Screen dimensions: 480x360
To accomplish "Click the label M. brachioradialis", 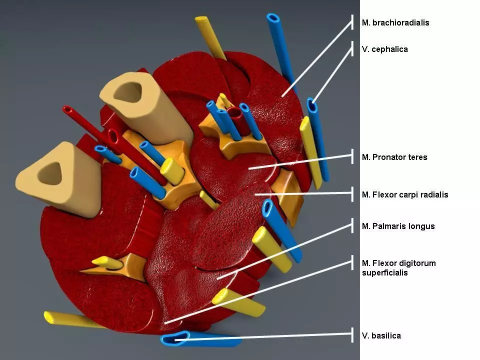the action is tap(395, 22).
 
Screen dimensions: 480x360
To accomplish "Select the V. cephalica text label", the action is tap(385, 49).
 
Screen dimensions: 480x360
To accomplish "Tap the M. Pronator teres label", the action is tap(394, 157).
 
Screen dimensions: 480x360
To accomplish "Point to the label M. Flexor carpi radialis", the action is tap(405, 194).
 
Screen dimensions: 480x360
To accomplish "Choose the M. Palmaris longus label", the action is tap(398, 226).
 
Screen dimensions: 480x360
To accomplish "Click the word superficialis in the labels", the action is tap(385, 273).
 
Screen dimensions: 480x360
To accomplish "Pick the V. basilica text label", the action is tap(381, 336).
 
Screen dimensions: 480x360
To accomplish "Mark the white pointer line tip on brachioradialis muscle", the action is tap(282, 96).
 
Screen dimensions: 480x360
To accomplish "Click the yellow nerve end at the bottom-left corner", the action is tap(49, 317).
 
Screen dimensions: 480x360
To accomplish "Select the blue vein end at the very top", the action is tap(272, 18).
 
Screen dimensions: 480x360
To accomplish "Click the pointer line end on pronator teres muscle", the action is tap(249, 168).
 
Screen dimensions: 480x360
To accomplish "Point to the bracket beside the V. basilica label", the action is tap(352, 335).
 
